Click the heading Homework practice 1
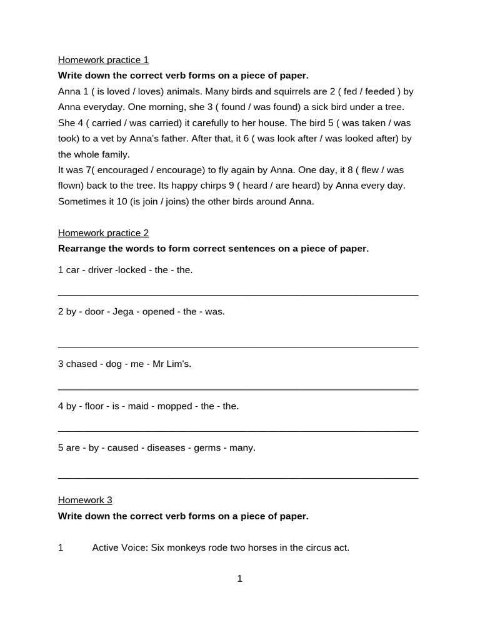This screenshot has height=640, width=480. [103, 60]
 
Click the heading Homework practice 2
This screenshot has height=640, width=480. [103, 233]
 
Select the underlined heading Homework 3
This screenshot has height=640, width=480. [85, 500]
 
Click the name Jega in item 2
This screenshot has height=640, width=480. [123, 312]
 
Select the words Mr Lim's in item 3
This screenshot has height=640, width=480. [172, 364]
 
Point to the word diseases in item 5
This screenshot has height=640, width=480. [167, 448]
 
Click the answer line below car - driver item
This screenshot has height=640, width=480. [237, 294]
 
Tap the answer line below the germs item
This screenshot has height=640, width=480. [237, 478]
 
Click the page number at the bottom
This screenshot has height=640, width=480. [239, 579]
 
